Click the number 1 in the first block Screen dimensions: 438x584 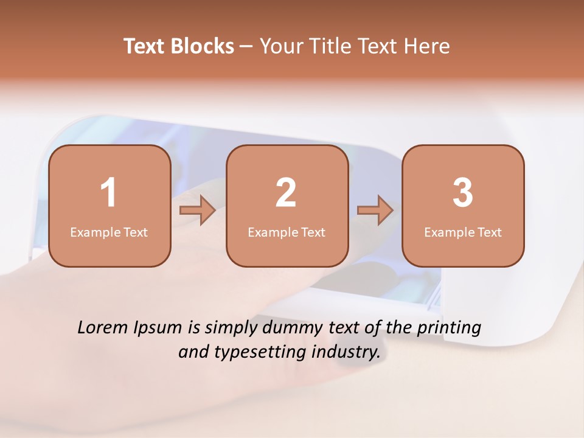(x=108, y=193)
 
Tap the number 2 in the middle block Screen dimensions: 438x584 (x=286, y=193)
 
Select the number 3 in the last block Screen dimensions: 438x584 (x=463, y=193)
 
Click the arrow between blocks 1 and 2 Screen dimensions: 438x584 (x=198, y=210)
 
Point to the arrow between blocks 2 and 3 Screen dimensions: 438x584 (x=375, y=210)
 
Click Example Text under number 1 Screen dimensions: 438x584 (x=109, y=232)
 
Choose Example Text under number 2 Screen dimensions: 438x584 (x=287, y=232)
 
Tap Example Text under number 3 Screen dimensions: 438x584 (x=463, y=232)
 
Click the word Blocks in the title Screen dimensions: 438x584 (x=202, y=47)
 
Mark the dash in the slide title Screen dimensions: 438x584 (x=246, y=47)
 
